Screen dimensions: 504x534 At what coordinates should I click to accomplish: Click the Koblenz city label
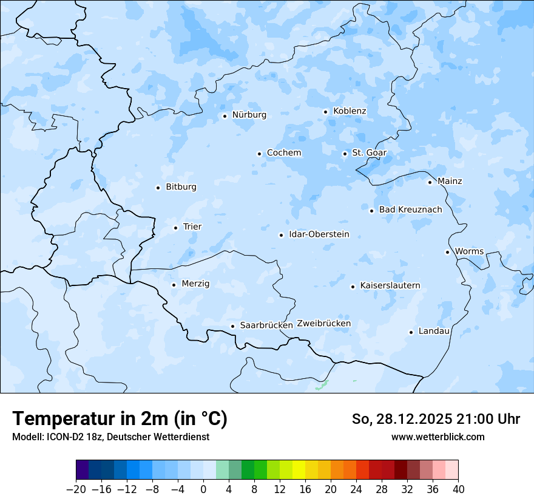350,111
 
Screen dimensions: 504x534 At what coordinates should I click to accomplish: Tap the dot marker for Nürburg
225,115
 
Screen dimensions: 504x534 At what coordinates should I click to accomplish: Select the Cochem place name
283,153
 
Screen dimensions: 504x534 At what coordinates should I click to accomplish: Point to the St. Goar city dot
345,154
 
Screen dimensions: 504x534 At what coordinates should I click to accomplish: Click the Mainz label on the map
450,182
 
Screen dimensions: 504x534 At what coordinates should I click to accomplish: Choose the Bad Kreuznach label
410,210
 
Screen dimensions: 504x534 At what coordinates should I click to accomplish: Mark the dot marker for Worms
447,252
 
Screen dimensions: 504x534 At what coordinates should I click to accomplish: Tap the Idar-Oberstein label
319,234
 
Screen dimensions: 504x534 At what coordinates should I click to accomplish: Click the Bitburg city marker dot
158,188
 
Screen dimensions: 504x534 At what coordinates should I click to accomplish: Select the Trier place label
192,227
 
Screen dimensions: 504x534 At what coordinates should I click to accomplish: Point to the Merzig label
195,284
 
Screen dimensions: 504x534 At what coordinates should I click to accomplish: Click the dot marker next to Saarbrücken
232,326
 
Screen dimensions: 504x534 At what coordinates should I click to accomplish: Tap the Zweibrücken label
323,324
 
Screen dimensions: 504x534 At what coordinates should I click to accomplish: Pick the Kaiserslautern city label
390,286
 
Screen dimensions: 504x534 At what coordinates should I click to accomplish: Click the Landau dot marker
411,332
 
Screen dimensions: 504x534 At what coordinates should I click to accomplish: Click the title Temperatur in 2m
120,419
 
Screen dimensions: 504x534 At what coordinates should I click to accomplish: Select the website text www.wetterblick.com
438,437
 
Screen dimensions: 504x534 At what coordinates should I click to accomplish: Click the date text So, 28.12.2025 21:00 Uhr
436,419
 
